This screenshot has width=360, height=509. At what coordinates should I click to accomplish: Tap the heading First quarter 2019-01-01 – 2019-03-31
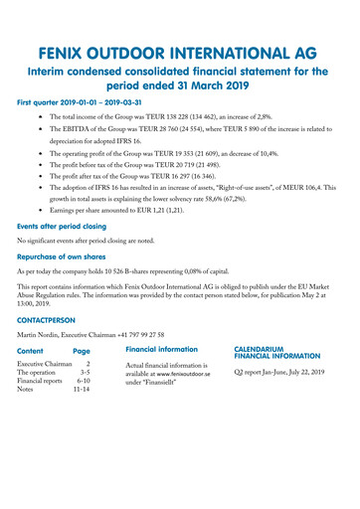(x=87, y=101)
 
